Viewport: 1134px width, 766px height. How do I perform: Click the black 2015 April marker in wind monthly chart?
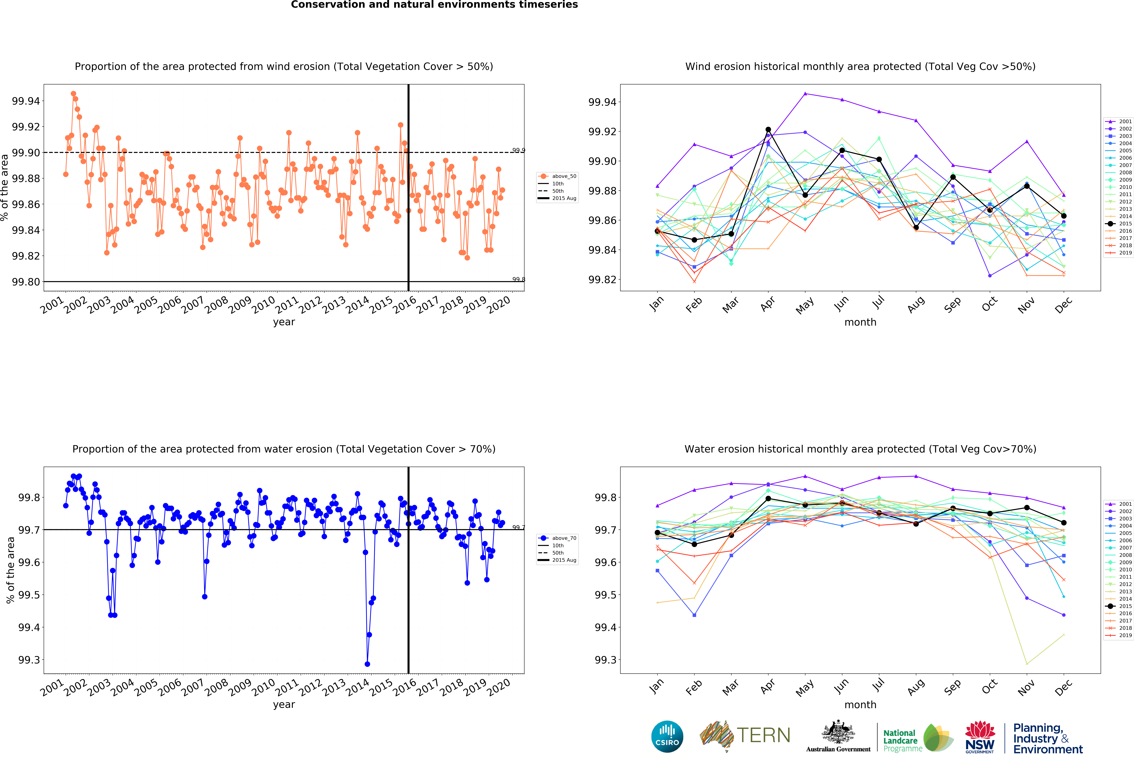768,130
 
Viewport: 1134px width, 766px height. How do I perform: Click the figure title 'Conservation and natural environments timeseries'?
434,5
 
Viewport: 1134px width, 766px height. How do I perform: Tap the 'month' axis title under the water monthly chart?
860,704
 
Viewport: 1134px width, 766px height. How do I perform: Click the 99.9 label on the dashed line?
518,150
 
